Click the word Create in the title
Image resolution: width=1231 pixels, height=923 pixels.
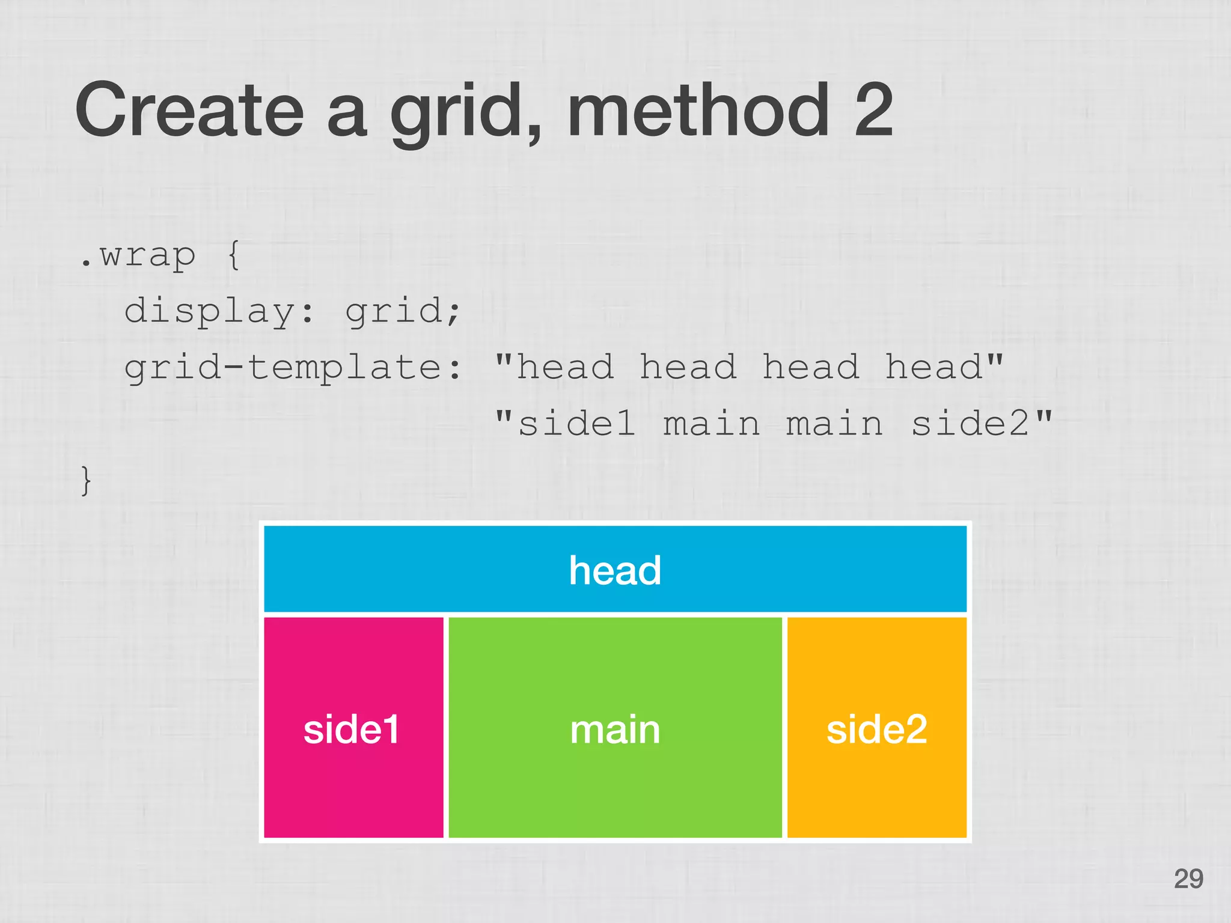(190, 110)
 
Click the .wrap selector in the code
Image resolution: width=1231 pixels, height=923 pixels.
(138, 256)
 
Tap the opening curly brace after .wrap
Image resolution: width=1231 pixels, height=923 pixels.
(234, 255)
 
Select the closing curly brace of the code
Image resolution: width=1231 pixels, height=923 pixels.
(87, 481)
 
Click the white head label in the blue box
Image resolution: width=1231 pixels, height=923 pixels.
(615, 570)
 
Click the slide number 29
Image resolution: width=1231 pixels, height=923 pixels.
(1188, 879)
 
